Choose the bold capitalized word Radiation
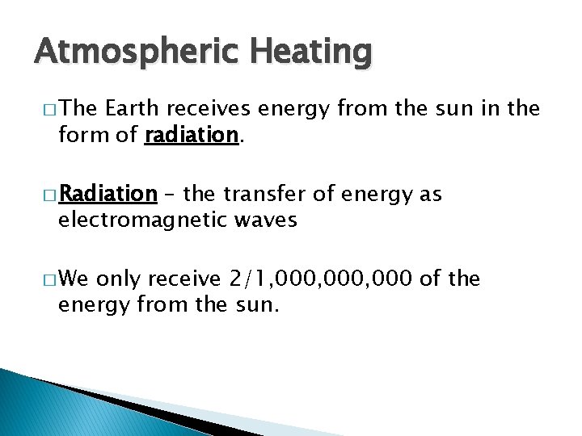pyautogui.click(x=108, y=195)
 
